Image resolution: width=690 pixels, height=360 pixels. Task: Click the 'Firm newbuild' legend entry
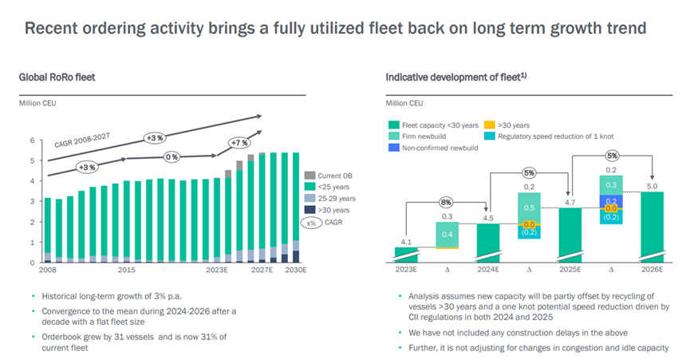pos(431,136)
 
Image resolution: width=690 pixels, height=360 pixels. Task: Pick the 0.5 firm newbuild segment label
pos(530,208)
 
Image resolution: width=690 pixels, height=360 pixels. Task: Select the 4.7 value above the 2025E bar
pos(570,203)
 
